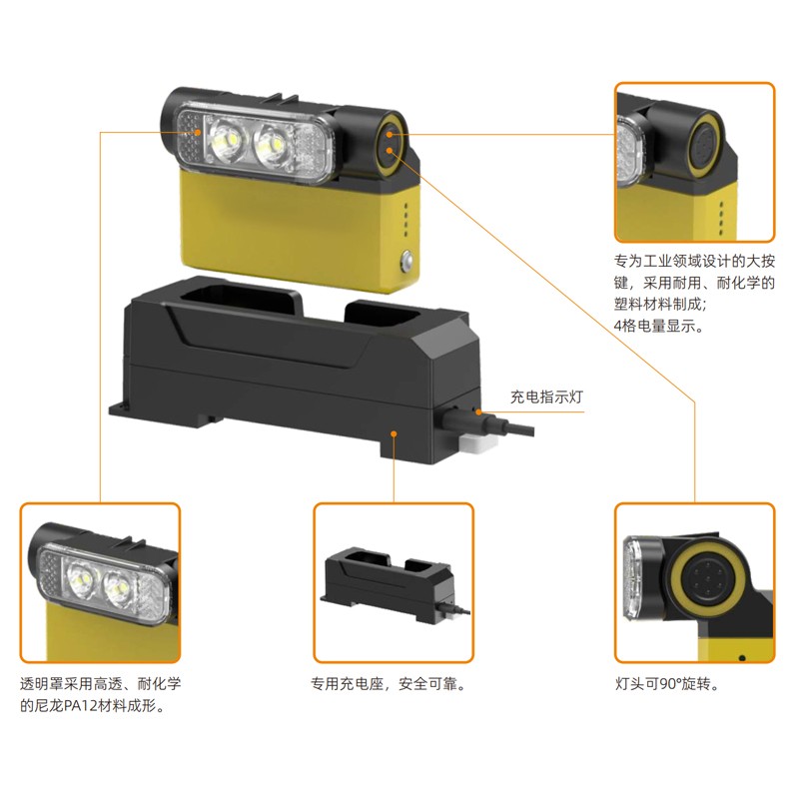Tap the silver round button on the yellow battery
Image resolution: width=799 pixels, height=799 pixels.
[x=407, y=260]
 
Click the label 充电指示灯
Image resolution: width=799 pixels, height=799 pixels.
[x=546, y=397]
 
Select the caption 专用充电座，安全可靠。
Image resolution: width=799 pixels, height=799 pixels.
[x=389, y=684]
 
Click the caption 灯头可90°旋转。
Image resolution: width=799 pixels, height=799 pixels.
[x=667, y=684]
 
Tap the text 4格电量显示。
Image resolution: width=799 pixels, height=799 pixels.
[x=658, y=326]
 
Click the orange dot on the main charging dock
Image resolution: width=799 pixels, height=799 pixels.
[x=394, y=433]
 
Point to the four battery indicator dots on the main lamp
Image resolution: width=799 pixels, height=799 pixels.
[x=405, y=220]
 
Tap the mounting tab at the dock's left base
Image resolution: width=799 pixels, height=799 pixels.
[x=118, y=409]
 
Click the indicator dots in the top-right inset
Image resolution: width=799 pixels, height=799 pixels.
[x=721, y=218]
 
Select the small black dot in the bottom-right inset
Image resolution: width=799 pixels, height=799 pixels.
[x=742, y=658]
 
